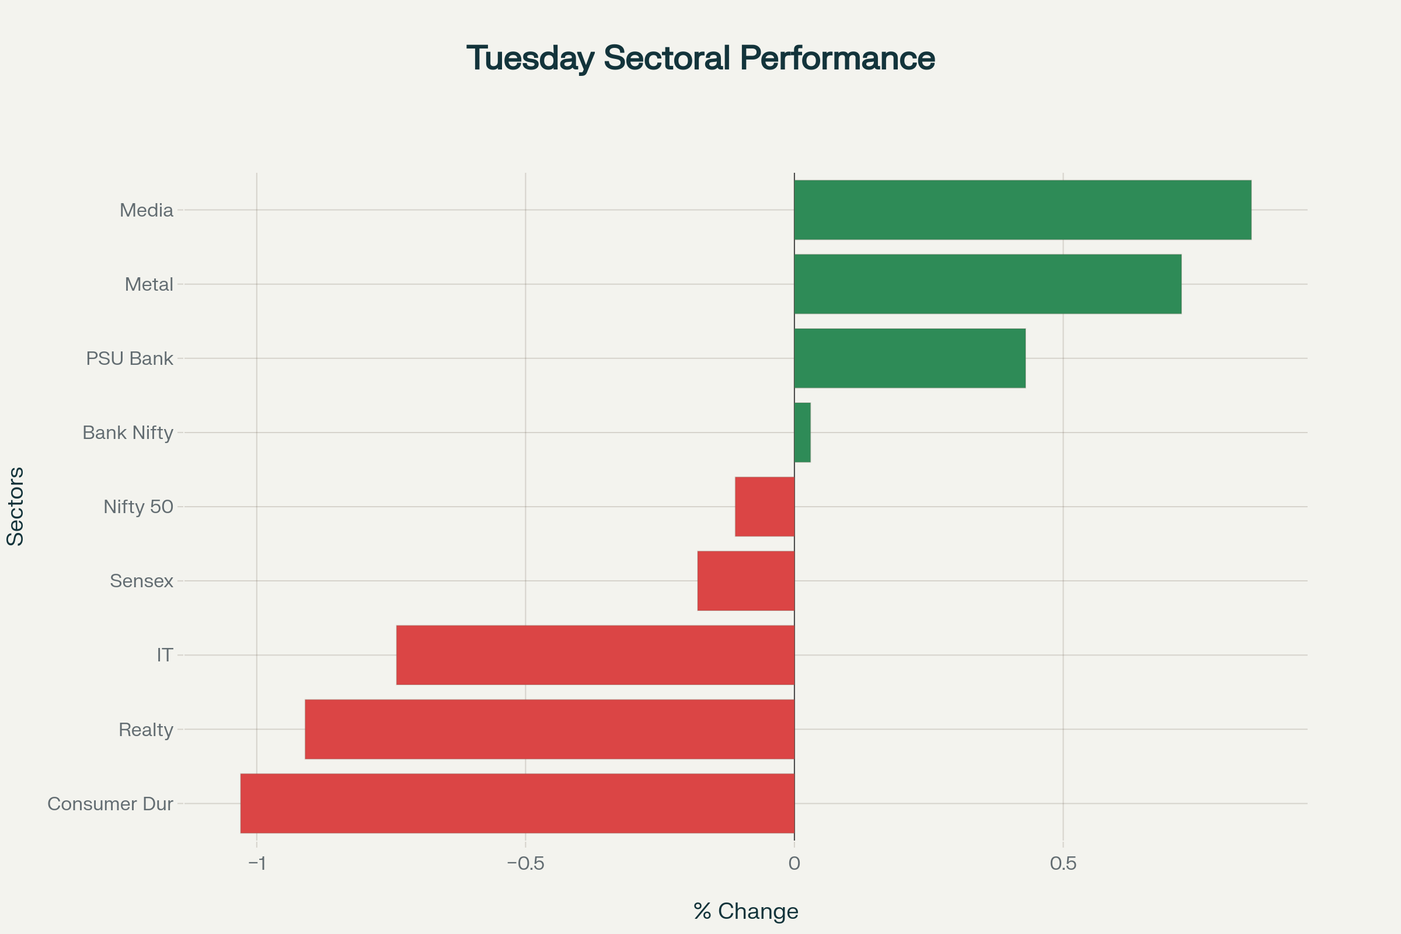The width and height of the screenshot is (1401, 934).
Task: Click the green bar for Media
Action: click(1022, 210)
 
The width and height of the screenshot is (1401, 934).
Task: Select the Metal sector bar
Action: click(988, 284)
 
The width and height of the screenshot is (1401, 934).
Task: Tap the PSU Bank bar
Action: click(909, 358)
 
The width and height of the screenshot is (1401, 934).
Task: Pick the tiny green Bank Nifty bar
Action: click(802, 433)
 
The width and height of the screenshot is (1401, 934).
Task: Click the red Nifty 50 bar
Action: click(765, 506)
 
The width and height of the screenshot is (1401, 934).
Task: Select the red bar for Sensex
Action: click(746, 581)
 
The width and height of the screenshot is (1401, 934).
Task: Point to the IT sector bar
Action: click(595, 654)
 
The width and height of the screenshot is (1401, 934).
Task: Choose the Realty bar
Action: click(549, 729)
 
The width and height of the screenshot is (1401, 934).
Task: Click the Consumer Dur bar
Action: click(517, 803)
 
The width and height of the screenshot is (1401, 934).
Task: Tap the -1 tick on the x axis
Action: click(257, 863)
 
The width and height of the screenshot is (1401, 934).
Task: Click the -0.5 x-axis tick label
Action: click(525, 863)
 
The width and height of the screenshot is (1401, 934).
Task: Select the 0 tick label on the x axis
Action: click(794, 863)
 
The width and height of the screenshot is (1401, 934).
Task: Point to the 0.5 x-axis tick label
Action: click(1063, 863)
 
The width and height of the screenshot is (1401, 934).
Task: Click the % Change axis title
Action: click(746, 911)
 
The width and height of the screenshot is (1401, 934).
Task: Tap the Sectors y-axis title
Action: click(16, 506)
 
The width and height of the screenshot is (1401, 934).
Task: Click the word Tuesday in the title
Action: click(530, 58)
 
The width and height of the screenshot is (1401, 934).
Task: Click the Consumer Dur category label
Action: click(110, 804)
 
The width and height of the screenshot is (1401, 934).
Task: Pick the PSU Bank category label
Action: click(129, 358)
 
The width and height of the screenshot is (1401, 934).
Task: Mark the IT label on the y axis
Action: click(165, 655)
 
